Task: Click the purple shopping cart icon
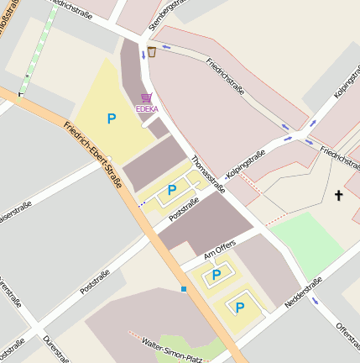point(147,98)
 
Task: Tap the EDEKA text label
point(147,109)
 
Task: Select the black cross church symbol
point(339,196)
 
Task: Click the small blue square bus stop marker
point(183,289)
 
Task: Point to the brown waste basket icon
point(152,52)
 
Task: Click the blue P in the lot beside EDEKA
point(112,119)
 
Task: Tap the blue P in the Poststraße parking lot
point(172,190)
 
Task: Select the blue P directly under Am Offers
point(216,274)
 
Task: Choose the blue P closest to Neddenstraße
point(240,308)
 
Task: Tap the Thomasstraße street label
point(209,173)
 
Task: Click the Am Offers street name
point(220,249)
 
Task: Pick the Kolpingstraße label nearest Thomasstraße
point(246,165)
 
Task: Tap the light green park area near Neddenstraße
point(306,239)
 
